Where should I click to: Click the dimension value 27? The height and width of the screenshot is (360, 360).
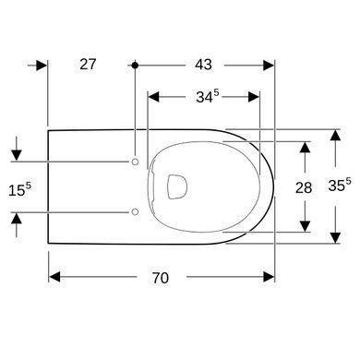(88, 65)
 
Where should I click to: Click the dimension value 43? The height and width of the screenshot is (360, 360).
(203, 65)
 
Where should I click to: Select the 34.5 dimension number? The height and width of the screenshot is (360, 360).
(208, 96)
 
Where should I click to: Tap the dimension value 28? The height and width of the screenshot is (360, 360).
(304, 187)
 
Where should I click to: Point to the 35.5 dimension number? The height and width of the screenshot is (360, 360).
(340, 185)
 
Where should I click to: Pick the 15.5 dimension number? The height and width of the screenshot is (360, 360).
(19, 189)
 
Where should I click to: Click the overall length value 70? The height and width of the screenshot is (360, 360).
(161, 278)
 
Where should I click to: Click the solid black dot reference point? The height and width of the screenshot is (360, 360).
(135, 66)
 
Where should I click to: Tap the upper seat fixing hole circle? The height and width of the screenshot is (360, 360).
(135, 162)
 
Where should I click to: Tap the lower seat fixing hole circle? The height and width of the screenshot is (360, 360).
(135, 211)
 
